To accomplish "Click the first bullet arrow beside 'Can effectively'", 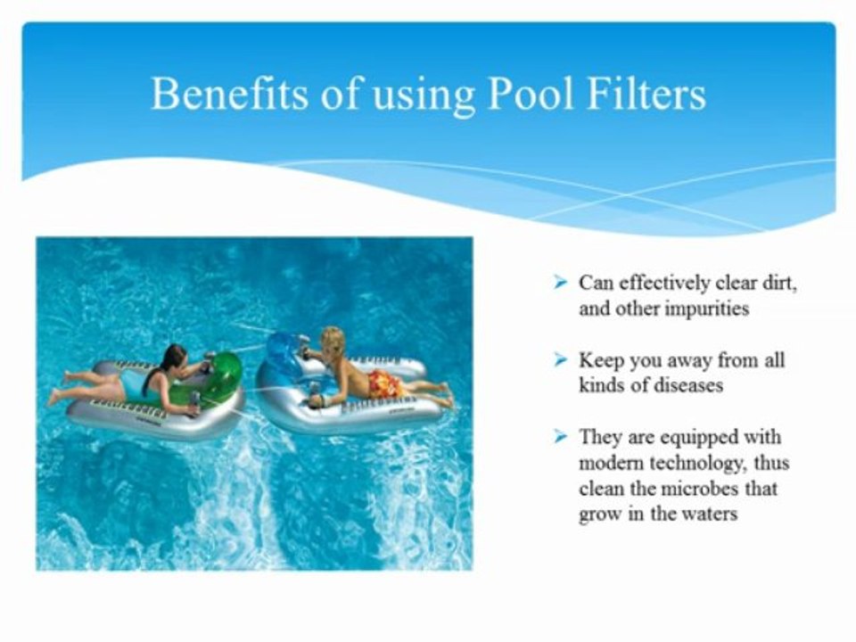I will tap(560, 283).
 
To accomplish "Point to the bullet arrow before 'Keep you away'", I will tap(560, 360).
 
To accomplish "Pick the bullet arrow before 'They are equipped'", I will tap(560, 437).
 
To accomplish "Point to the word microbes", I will tap(683, 489).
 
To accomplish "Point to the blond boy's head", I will tap(333, 341).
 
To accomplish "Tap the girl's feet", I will tap(57, 392).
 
